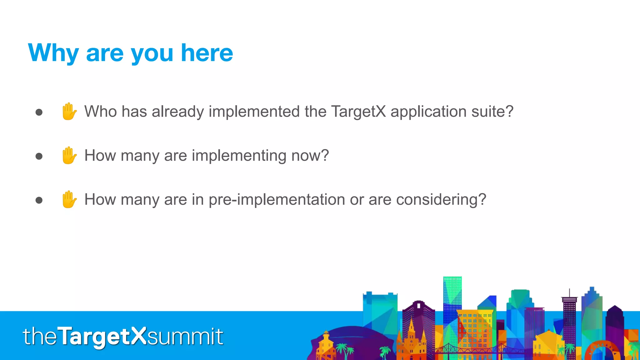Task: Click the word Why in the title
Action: (x=53, y=53)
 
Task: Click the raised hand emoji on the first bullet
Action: (x=69, y=111)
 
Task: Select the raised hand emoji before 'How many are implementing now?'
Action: (x=69, y=155)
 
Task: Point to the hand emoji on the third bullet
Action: (x=69, y=199)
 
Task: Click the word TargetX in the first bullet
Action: (x=358, y=112)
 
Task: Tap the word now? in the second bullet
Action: (x=310, y=156)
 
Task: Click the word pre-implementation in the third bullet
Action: (x=277, y=200)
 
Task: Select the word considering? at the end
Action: (x=441, y=200)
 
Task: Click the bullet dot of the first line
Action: (x=39, y=112)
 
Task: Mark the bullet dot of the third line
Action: (x=39, y=200)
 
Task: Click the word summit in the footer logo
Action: (x=185, y=337)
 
